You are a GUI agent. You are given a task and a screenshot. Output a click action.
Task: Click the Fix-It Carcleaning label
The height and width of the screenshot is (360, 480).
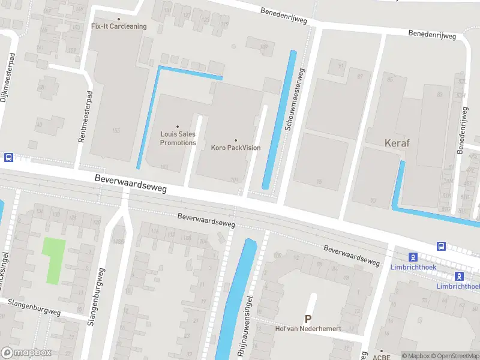tap(118, 26)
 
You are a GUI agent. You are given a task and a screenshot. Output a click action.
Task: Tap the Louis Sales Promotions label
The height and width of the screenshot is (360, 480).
tap(178, 139)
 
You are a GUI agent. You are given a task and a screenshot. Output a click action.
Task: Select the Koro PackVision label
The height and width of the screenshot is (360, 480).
tap(236, 148)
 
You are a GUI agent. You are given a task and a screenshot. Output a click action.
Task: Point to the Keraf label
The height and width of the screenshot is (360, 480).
tap(397, 143)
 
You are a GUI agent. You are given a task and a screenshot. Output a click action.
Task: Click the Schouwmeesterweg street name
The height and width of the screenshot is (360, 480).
tap(293, 99)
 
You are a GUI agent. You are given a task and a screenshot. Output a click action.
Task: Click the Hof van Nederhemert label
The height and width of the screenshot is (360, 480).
tap(308, 329)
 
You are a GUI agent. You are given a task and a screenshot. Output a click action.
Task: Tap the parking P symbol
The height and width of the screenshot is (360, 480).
tap(308, 319)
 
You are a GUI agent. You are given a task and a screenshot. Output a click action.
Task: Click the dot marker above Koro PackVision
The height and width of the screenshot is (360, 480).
tap(236, 140)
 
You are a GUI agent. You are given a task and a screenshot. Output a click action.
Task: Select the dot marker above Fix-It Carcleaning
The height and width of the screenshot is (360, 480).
tap(118, 19)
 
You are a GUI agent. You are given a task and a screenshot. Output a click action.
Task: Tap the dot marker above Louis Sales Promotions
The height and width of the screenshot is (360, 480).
tap(178, 127)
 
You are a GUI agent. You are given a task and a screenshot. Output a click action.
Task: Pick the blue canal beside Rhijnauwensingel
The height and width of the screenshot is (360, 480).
tap(235, 300)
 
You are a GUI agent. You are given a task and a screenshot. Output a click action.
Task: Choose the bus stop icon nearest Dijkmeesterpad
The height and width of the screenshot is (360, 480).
tap(8, 157)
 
